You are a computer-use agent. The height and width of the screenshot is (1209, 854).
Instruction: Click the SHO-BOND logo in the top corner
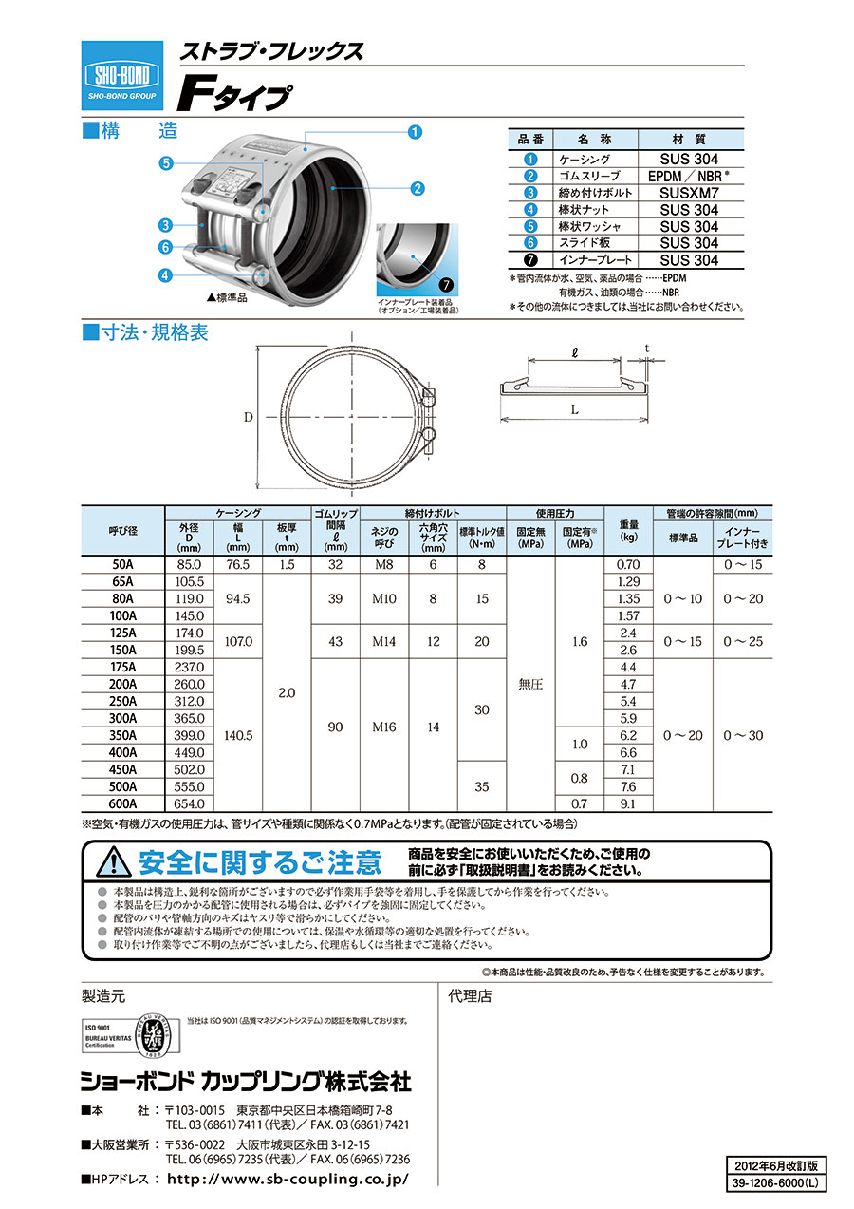coord(121,76)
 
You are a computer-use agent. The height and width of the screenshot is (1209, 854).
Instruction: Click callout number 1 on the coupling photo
coord(415,132)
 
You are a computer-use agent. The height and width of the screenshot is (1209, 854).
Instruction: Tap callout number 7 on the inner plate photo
coord(446,284)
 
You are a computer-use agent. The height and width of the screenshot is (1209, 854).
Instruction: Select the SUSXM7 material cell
coord(689,193)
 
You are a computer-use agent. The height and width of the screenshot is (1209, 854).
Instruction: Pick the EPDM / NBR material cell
coord(689,176)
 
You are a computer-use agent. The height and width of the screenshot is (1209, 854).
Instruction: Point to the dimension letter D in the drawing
coord(248,417)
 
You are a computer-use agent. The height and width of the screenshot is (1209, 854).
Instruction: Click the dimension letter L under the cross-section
coord(575,409)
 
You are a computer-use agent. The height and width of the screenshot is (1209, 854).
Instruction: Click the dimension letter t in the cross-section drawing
coord(647,349)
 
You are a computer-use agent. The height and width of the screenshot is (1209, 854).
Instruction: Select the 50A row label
coord(122,564)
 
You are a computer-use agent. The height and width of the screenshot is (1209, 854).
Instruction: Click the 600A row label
coord(122,803)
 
